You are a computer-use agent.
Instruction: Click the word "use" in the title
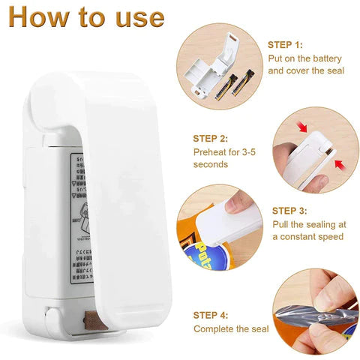coord(139,16)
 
